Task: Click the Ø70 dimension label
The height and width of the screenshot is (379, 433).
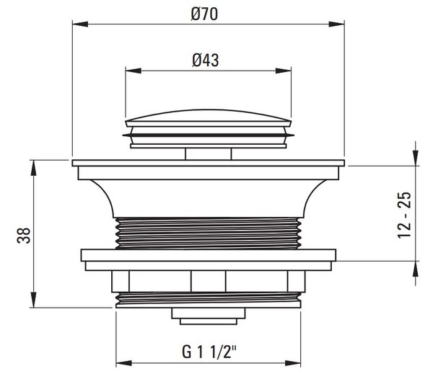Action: [204, 14]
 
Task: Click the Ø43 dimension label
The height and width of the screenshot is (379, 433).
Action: [206, 61]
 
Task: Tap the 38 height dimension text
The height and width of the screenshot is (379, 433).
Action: [24, 235]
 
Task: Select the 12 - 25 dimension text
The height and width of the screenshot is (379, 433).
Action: [404, 215]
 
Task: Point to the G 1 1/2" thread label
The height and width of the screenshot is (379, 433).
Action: [209, 352]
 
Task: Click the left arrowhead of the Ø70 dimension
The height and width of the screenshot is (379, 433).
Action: [80, 24]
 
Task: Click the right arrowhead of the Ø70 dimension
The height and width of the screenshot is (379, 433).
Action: [336, 24]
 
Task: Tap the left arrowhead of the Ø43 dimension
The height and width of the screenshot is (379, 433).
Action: [134, 71]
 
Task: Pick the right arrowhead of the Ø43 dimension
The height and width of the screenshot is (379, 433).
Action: [284, 71]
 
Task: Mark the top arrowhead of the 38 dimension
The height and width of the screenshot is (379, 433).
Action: [33, 168]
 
